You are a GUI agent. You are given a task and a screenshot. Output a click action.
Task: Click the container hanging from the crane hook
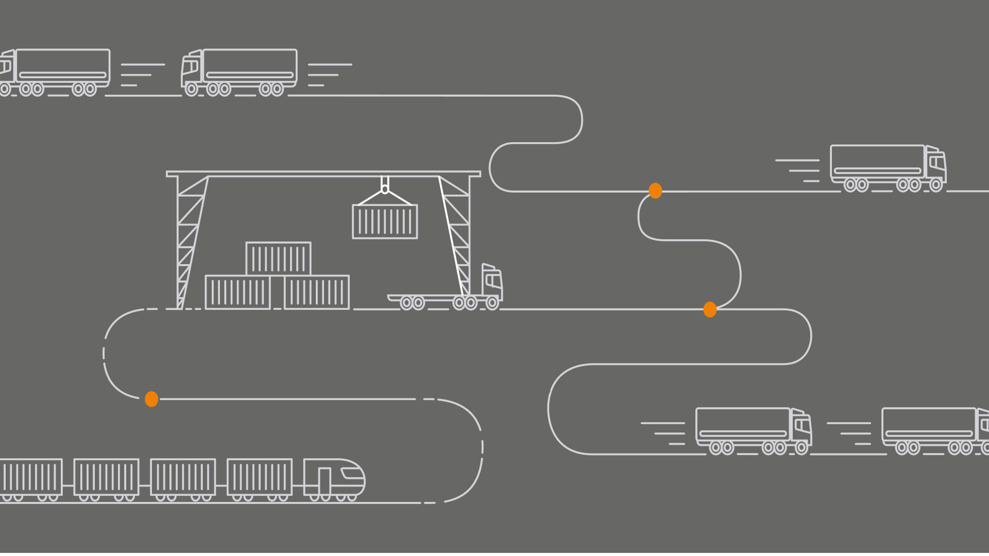(x=385, y=221)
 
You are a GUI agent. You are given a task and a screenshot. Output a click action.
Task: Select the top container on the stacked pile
(x=278, y=258)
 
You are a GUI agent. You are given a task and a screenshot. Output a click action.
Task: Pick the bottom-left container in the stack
(x=237, y=292)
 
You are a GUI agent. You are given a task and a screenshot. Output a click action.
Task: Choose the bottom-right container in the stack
(x=316, y=292)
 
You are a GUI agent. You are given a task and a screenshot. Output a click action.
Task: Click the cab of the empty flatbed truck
(x=492, y=282)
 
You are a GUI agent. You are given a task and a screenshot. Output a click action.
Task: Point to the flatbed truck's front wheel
(x=492, y=303)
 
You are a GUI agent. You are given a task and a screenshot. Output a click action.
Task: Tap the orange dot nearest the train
(x=151, y=399)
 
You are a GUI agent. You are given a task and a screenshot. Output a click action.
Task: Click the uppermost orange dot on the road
(x=655, y=190)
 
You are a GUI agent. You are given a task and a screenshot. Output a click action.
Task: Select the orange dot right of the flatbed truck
(x=710, y=309)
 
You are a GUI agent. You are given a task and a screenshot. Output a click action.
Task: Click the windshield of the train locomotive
(x=353, y=474)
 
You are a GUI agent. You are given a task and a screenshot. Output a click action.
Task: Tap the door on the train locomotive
(x=324, y=481)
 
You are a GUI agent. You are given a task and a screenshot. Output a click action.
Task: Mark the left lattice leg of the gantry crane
(x=191, y=242)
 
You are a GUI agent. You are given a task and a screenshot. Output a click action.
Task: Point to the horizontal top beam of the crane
(x=323, y=174)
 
